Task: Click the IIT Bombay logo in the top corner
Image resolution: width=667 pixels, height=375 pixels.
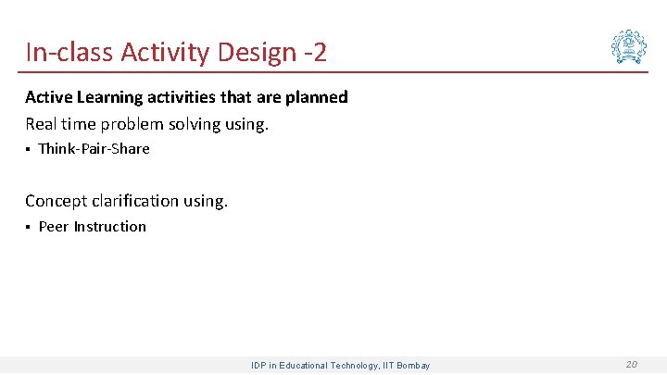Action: (x=629, y=46)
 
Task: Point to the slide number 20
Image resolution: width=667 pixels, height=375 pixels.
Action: (x=631, y=365)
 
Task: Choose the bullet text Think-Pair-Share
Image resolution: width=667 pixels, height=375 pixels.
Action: (x=94, y=149)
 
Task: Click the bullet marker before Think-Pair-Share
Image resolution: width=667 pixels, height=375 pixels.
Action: (x=28, y=149)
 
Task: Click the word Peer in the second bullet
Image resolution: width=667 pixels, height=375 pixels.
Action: (x=54, y=227)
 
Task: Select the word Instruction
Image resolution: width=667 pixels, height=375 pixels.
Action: (x=110, y=227)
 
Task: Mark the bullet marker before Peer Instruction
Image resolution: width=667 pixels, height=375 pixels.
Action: (x=28, y=227)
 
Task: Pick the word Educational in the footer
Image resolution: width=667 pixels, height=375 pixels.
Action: (x=307, y=366)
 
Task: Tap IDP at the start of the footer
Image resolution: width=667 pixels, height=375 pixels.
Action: (x=259, y=366)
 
